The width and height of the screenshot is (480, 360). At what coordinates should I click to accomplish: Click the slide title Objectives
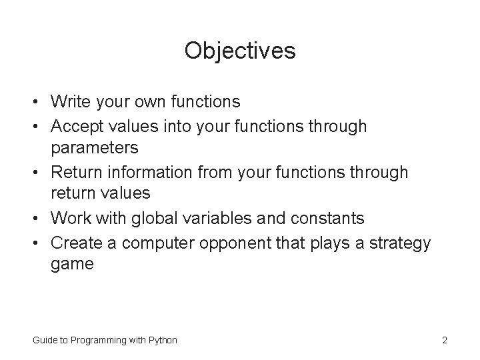(x=240, y=51)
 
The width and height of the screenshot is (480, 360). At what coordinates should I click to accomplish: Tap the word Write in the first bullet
(x=69, y=102)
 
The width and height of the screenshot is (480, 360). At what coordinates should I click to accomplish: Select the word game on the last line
(x=72, y=264)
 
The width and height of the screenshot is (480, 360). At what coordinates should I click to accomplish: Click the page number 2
(x=444, y=341)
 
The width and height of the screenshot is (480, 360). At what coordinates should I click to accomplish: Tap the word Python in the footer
(x=162, y=341)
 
